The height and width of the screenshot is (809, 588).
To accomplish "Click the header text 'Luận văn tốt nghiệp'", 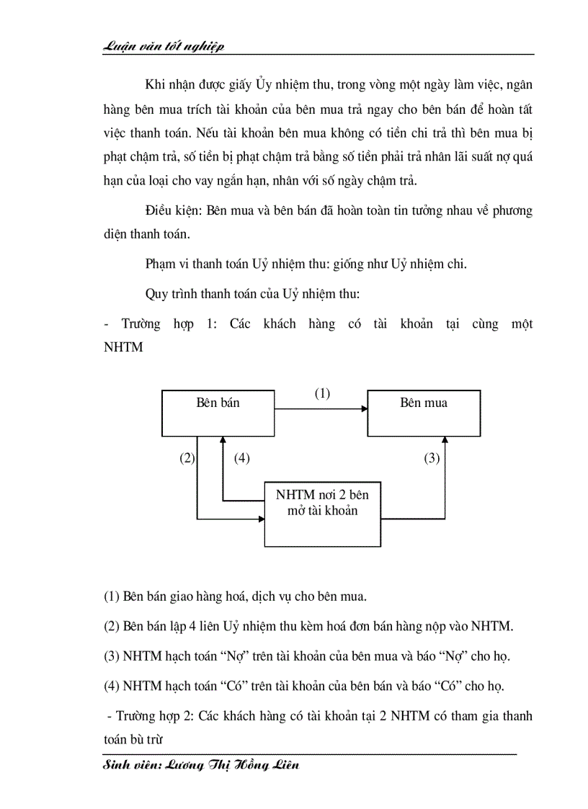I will (164, 46).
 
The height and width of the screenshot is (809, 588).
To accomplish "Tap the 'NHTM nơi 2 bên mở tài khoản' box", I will (322, 514).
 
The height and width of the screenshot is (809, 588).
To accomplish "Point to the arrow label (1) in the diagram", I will (321, 393).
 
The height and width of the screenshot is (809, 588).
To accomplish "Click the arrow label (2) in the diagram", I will (187, 458).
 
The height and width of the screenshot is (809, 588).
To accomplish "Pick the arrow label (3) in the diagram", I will (432, 458).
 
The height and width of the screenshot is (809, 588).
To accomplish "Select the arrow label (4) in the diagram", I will (241, 458).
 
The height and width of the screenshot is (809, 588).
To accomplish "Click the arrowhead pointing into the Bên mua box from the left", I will (363, 409).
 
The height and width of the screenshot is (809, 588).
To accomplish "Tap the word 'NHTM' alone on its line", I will (123, 347).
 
